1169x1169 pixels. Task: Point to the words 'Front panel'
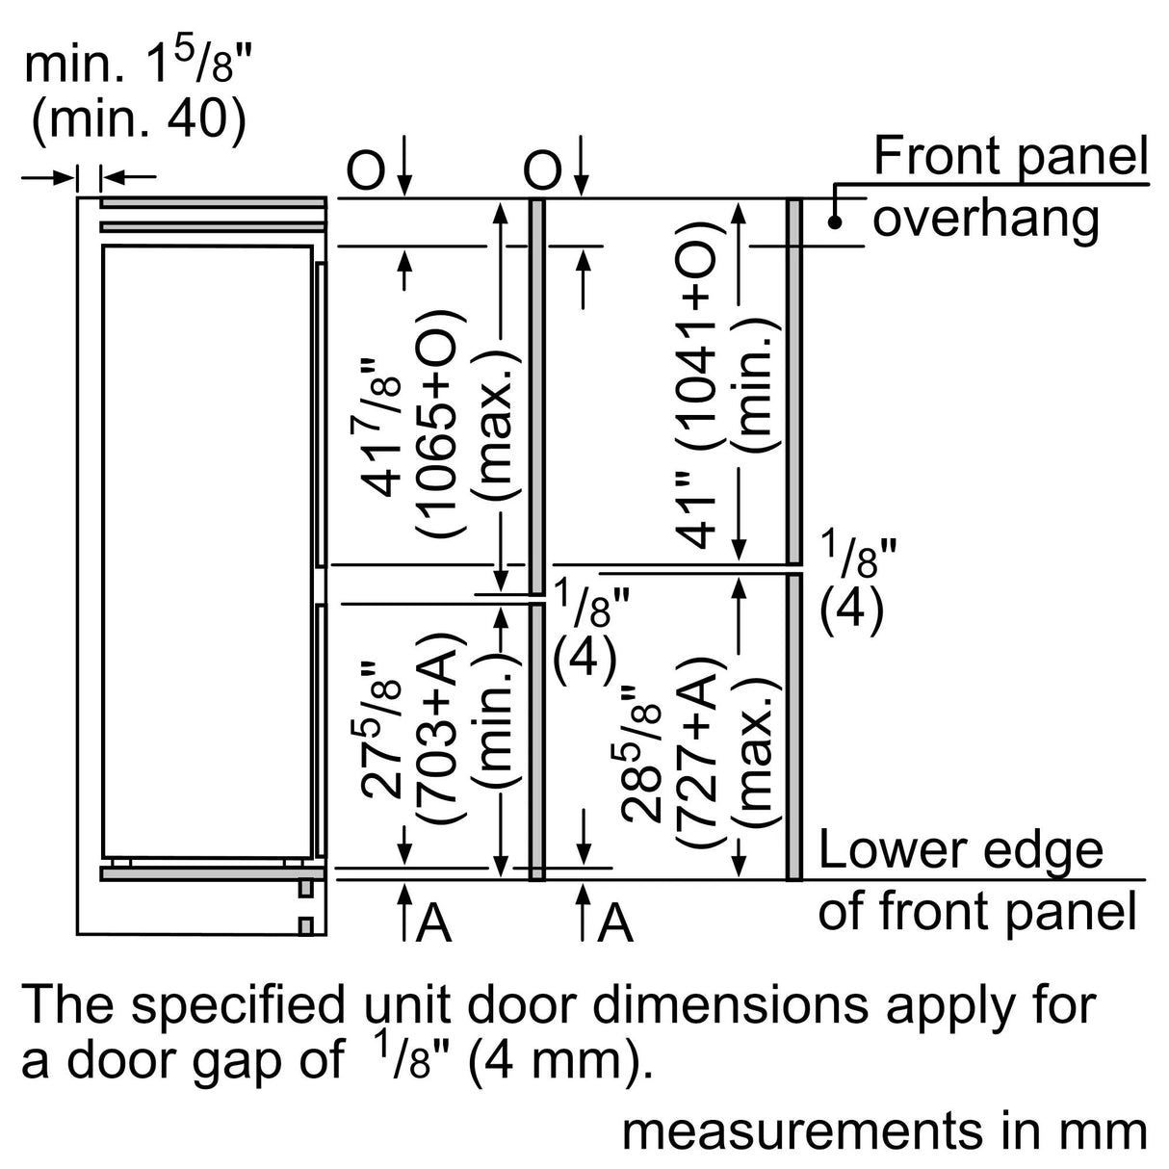[1010, 157]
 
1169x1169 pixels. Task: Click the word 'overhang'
[985, 219]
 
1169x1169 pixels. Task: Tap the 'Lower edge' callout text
[960, 849]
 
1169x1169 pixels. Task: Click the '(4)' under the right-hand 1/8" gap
[850, 611]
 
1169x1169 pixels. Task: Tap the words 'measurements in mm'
[884, 1130]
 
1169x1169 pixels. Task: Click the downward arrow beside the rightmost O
[581, 165]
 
